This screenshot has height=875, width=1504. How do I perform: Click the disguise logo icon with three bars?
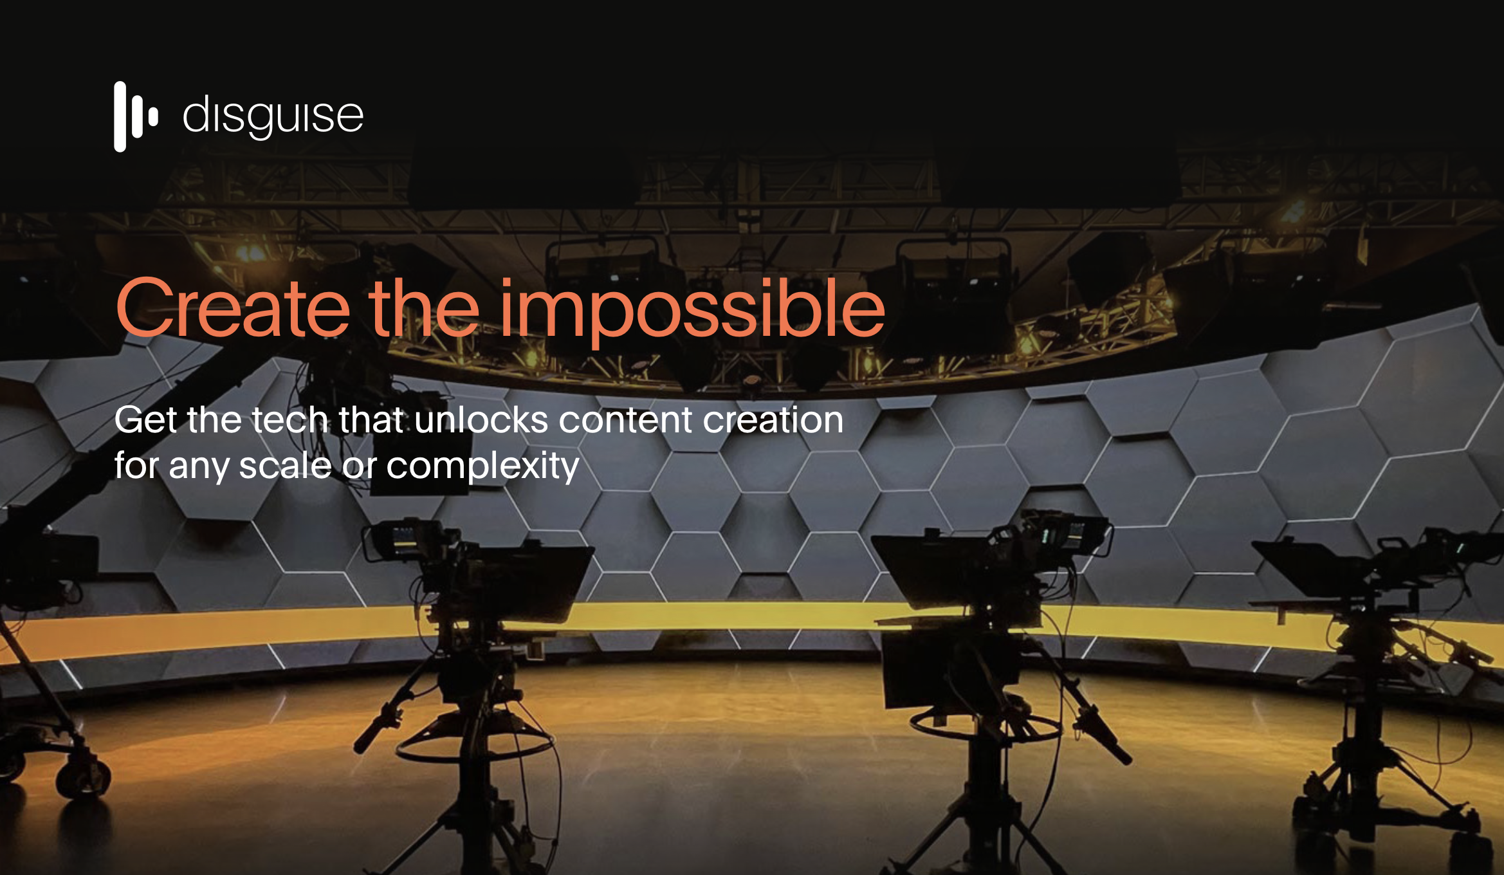click(136, 116)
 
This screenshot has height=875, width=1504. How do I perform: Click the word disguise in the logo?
click(273, 116)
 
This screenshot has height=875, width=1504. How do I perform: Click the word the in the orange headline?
click(424, 308)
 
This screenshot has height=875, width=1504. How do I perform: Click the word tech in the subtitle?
click(290, 420)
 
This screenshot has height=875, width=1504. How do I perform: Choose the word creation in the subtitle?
click(773, 420)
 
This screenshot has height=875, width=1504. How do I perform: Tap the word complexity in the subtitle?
click(482, 466)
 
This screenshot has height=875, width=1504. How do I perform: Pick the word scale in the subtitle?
click(285, 465)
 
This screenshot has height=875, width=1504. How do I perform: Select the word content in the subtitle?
click(626, 420)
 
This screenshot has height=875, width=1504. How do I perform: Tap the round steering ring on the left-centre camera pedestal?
click(476, 749)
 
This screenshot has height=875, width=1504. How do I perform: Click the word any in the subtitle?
click(199, 466)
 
